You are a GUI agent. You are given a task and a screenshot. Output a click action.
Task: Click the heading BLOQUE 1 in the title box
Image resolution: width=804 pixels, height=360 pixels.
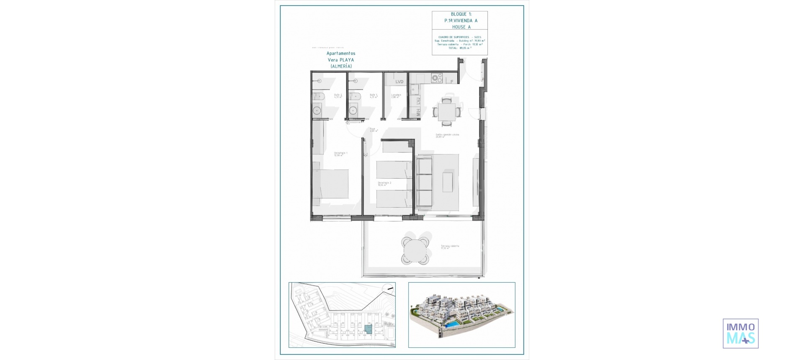461,14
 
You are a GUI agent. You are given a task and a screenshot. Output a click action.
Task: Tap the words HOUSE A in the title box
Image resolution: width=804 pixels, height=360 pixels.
461,27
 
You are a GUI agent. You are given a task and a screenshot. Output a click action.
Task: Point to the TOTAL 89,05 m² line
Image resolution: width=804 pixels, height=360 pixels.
459,48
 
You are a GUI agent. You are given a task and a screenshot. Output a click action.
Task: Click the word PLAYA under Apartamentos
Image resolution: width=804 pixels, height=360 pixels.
347,60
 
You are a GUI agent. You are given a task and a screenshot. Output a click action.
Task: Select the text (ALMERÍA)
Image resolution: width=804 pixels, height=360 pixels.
341,66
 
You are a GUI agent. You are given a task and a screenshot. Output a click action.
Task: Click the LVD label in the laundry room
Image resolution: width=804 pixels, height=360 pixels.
399,82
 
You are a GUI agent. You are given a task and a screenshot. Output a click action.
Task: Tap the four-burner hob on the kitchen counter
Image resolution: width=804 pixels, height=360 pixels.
437,77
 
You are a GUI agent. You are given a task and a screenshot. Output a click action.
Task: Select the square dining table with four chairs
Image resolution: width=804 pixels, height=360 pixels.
447,112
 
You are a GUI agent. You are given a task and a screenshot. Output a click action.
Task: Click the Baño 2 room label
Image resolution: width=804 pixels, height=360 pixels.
338,95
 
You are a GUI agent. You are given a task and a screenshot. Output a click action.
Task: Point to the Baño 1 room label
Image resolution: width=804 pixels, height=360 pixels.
374,95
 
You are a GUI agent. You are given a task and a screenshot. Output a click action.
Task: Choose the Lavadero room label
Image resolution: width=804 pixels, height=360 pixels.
396,95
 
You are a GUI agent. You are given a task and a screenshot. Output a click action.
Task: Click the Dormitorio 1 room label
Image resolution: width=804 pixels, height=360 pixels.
340,154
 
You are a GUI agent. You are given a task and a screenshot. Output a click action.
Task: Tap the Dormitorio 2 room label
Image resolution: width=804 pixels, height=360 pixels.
384,183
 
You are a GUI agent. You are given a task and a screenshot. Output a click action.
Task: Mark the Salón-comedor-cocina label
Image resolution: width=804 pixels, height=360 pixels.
447,135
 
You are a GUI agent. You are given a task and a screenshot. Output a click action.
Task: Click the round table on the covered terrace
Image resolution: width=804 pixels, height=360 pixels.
415,250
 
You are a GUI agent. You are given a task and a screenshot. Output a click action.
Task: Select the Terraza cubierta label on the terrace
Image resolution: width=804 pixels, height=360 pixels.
449,247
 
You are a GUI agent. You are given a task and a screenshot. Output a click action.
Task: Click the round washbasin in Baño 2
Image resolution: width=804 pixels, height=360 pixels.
317,111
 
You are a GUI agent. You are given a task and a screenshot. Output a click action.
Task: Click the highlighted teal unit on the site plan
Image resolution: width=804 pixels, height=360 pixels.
368,329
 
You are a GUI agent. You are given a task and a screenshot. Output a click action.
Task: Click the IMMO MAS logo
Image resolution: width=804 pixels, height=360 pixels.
740,334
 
